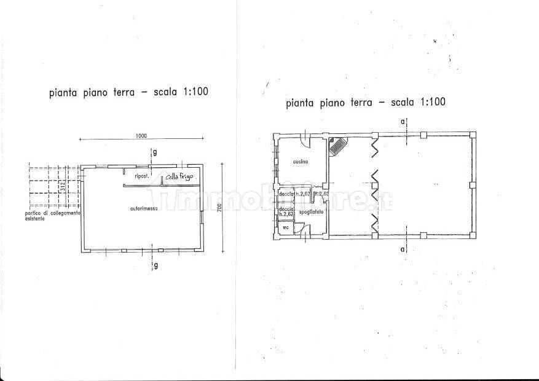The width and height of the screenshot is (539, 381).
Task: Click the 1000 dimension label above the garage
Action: click(x=141, y=136)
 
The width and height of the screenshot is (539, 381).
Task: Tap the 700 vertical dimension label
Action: click(x=219, y=210)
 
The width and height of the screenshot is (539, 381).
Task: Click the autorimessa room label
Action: click(x=144, y=209)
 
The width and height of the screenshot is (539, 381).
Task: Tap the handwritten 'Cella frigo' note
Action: click(x=178, y=177)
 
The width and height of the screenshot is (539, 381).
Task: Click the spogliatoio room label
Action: click(x=312, y=211)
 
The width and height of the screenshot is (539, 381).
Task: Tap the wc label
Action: click(x=285, y=227)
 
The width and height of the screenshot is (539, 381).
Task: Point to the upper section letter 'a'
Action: click(x=403, y=122)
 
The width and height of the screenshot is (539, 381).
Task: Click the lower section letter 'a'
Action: click(x=403, y=249)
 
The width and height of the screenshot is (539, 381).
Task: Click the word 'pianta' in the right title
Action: click(x=301, y=102)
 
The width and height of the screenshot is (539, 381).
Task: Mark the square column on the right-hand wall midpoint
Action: click(x=471, y=184)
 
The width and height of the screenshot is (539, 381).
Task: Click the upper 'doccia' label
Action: click(x=286, y=194)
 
